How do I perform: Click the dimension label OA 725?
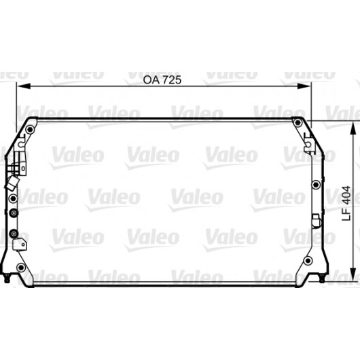[162, 79]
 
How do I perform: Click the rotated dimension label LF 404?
[346, 203]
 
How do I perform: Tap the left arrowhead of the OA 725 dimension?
[24, 86]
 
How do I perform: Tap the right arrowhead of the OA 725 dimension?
[304, 86]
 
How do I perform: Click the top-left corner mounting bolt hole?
[30, 130]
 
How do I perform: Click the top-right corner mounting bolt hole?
[298, 122]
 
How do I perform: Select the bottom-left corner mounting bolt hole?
[21, 267]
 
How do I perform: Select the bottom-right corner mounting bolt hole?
[308, 260]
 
